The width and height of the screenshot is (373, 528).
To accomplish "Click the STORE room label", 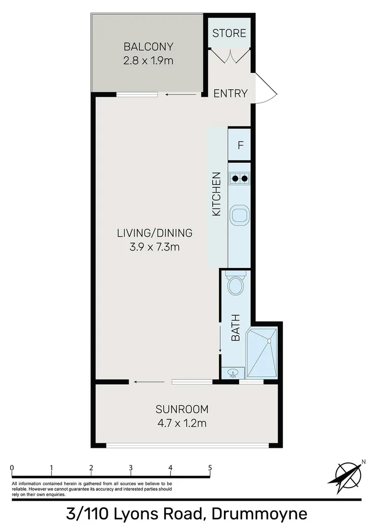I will coord(229,33).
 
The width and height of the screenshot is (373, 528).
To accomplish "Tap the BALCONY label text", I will coord(149,47).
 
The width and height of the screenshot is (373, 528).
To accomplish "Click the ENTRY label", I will coord(231,93).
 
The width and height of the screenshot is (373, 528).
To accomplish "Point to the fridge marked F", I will coord(240,145).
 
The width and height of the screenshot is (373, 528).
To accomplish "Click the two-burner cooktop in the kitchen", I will coord(240,178).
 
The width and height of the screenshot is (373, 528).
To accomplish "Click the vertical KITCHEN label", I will coord(217,195).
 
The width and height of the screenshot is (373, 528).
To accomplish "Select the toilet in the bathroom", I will coord(235,285).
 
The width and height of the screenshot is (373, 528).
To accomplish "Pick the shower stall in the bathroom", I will coord(263,352).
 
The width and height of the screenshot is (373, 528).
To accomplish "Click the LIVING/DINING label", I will coord(154,233).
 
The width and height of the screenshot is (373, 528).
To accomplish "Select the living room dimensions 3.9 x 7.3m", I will coord(154,247).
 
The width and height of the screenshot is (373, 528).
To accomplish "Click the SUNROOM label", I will coord(182,409).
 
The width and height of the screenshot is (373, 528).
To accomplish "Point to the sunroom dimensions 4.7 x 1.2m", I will coord(182,423).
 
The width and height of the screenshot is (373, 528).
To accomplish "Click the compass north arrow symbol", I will coord(348,474).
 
